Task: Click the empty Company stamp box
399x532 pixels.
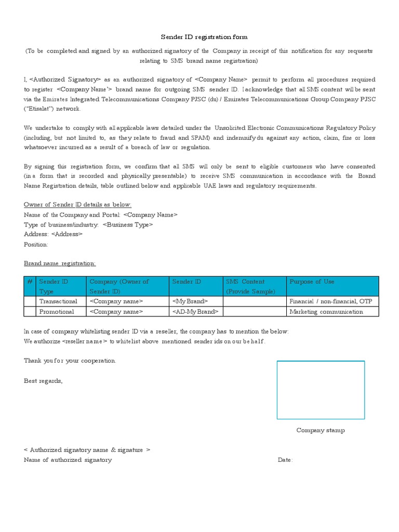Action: pyautogui.click(x=321, y=390)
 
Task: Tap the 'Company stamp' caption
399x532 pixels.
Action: pyautogui.click(x=321, y=430)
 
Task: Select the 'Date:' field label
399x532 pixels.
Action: pyautogui.click(x=285, y=460)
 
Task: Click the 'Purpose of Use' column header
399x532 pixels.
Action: pyautogui.click(x=312, y=282)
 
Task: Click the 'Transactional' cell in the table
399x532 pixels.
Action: pyautogui.click(x=58, y=301)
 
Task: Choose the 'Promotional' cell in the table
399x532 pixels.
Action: pyautogui.click(x=57, y=312)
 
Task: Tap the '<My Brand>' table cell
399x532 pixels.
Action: pyautogui.click(x=190, y=301)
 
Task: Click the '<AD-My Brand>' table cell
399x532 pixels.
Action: pyautogui.click(x=195, y=312)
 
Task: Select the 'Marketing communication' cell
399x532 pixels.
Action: pyautogui.click(x=326, y=312)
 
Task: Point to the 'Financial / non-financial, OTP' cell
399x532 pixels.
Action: pyautogui.click(x=330, y=301)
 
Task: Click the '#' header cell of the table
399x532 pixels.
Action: pyautogui.click(x=30, y=282)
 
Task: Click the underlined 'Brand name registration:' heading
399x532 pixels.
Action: pyautogui.click(x=60, y=263)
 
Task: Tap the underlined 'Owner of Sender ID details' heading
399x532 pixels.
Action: pyautogui.click(x=78, y=205)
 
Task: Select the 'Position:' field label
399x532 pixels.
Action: pyautogui.click(x=36, y=244)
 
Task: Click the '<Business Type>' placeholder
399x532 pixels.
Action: pyautogui.click(x=128, y=224)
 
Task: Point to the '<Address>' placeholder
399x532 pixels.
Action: pyautogui.click(x=66, y=234)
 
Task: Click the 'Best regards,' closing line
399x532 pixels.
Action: pyautogui.click(x=43, y=380)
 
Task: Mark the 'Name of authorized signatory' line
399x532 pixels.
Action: pyautogui.click(x=68, y=460)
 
